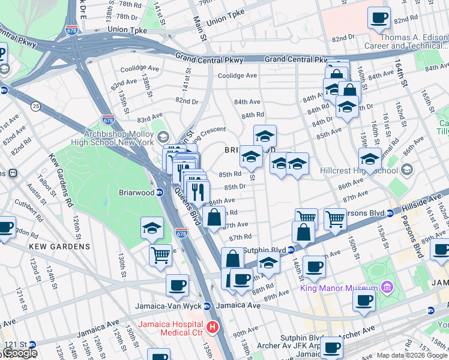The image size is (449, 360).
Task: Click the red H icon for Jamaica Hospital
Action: click(212, 327)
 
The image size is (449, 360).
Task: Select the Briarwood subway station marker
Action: click(160, 193)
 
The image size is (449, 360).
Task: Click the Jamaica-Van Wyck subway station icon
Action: click(207, 305)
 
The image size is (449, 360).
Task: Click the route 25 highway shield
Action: click(37, 106)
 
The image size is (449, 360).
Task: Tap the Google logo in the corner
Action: click(20, 353)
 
